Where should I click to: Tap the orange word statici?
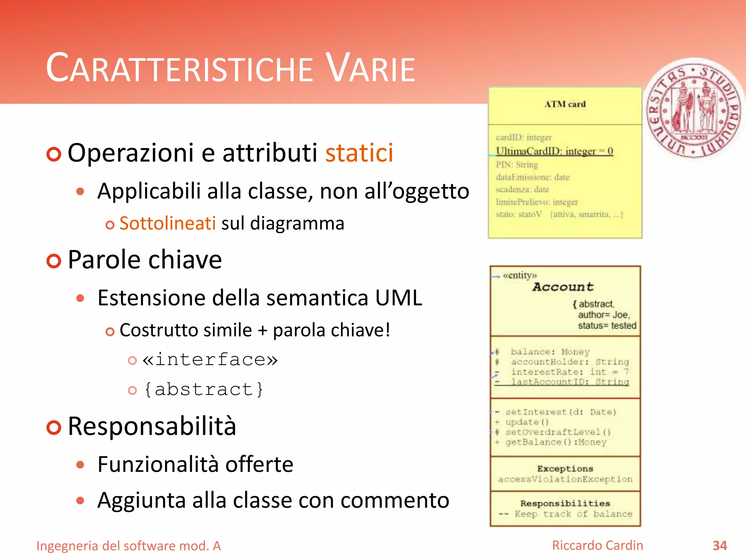[359, 153]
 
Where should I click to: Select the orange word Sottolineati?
[168, 223]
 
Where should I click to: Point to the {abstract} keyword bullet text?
[204, 389]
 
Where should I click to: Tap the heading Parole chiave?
[145, 260]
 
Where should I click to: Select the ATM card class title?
[565, 104]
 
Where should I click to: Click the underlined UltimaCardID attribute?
[554, 151]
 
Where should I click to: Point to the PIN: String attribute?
[517, 165]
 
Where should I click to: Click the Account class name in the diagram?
[563, 287]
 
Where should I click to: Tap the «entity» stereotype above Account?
[520, 275]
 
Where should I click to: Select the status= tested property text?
[607, 326]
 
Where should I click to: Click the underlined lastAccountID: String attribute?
[570, 382]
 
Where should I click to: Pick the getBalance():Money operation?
[555, 442]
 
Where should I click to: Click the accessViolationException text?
[565, 479]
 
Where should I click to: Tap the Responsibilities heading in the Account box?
[565, 503]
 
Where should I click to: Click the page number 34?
[719, 545]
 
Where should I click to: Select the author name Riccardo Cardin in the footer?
[597, 545]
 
